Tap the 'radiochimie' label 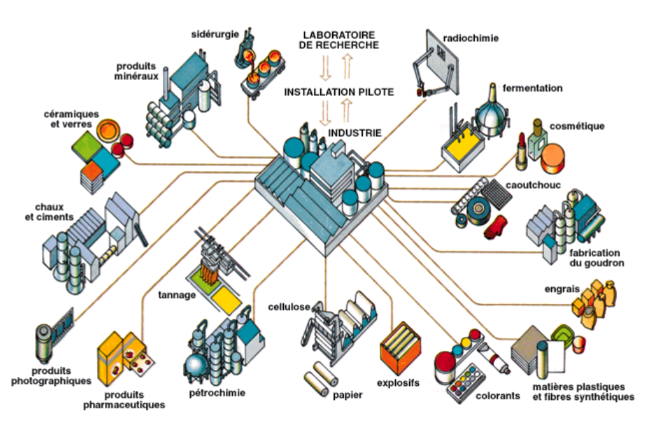[471, 38]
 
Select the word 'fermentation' [532, 89]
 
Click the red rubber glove [497, 227]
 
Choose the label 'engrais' [559, 288]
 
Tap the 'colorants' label [498, 396]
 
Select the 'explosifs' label [398, 382]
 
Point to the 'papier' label [348, 396]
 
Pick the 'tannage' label [177, 294]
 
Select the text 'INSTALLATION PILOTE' [338, 92]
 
